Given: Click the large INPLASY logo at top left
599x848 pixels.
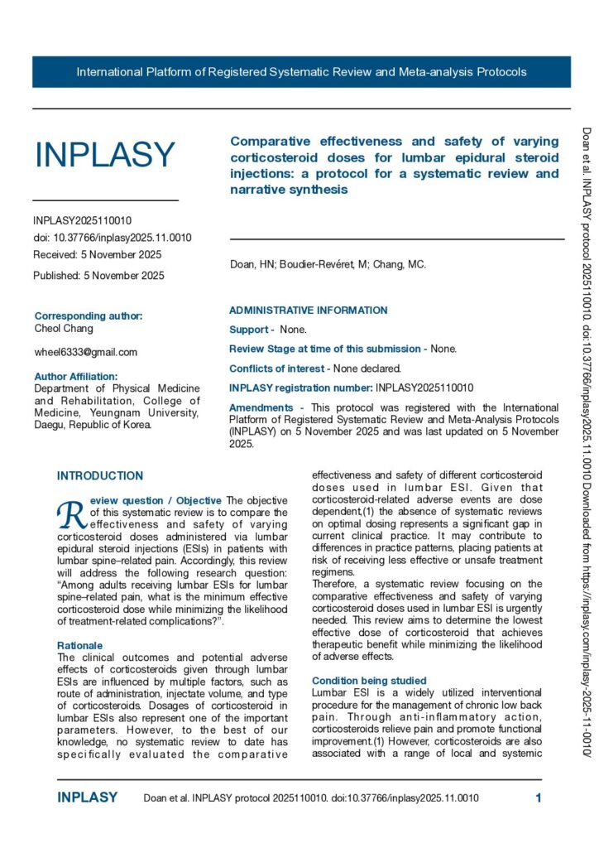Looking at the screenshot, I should pos(104,155).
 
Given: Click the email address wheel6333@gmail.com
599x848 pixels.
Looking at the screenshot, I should pos(85,352).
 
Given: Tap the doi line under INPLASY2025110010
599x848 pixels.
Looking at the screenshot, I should pos(113,238).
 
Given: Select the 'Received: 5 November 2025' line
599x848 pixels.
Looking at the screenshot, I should pos(98,254).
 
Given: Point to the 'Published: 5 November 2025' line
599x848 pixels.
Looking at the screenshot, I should pos(98,275).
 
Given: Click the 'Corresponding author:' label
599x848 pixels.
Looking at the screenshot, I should pos(89,316).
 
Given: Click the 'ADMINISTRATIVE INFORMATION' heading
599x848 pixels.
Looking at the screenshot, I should pos(308,311).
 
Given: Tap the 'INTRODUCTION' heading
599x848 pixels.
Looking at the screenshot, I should pos(99,476).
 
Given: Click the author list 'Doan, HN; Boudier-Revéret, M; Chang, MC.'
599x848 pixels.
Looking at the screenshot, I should pos(328,265).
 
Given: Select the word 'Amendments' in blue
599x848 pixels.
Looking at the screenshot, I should pos(261,407).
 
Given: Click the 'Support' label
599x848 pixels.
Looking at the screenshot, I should pos(248,330).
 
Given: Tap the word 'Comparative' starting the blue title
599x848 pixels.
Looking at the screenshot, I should pos(270,141).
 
